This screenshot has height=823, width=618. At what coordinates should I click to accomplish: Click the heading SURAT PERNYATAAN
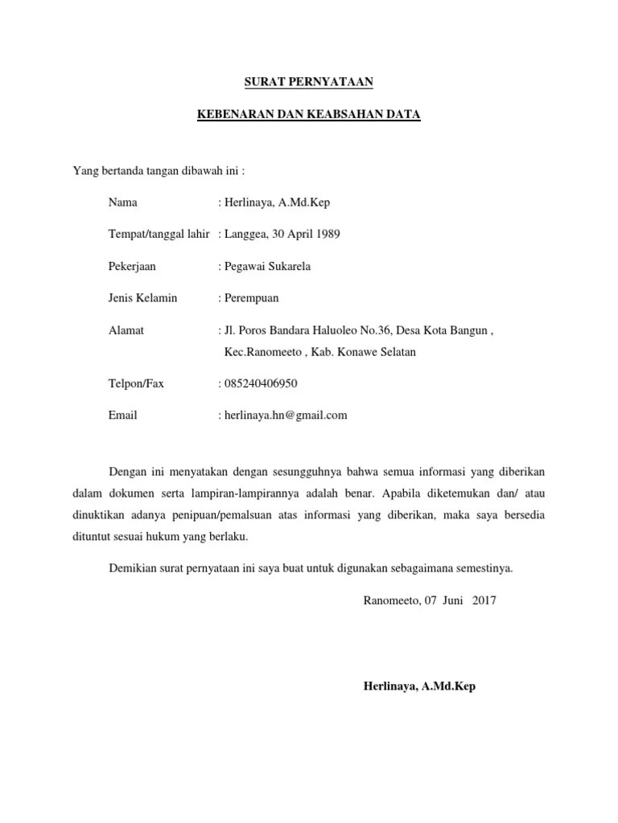coord(308,82)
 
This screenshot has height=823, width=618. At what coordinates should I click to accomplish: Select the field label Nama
coord(123,203)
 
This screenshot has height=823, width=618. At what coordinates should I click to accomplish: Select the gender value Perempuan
coord(251,298)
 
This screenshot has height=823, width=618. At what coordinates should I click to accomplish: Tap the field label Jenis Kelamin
coord(142,298)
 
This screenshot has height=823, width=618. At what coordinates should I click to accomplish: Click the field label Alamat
coord(126,330)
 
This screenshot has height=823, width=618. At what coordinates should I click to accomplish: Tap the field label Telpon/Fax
coord(136,383)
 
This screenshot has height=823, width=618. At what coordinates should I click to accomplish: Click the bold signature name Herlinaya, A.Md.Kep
coord(419,687)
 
